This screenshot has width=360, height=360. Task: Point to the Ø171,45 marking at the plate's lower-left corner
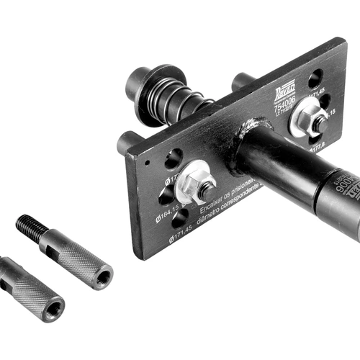tap(181, 235)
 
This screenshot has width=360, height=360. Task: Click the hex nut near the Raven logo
tap(318, 124)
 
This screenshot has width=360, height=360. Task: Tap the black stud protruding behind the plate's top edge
tap(241, 81)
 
